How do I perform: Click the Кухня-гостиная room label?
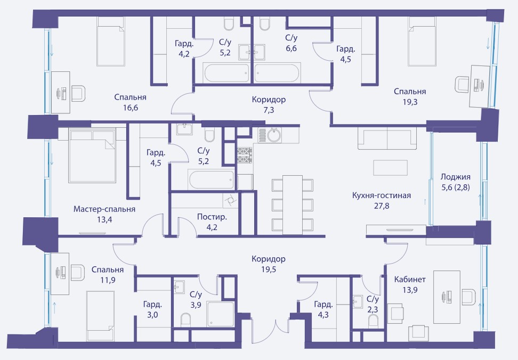tap(381, 195)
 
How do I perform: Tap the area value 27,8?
tap(382, 206)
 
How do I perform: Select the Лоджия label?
tap(456, 177)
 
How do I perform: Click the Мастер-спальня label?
tap(104, 209)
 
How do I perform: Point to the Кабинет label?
tap(410, 280)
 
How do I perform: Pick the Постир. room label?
tap(212, 217)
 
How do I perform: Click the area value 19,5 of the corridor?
tap(269, 269)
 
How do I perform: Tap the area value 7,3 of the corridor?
tap(269, 110)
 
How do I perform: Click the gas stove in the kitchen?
tap(245, 155)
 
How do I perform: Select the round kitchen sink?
tap(274, 135)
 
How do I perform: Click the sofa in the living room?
tap(387, 139)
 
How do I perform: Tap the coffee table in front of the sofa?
tap(390, 168)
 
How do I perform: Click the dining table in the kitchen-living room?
tap(293, 205)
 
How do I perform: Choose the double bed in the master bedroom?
tap(93, 156)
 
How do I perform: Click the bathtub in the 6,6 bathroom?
tap(277, 73)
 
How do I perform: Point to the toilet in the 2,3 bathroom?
tap(373, 321)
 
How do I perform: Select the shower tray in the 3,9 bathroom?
tap(220, 314)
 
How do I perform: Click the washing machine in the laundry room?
tap(230, 200)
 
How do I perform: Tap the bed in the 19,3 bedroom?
tap(422, 42)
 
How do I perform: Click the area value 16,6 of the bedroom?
tap(131, 108)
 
